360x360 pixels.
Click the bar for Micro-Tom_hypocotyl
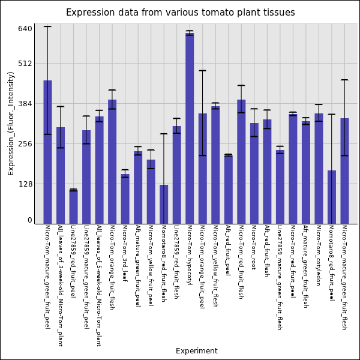coord(190,128)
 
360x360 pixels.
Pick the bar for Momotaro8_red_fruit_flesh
coord(164,204)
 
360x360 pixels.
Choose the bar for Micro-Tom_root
coord(254,173)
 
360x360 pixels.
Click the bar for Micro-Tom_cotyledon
coord(319,169)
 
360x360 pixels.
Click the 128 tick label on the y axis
coord(26,184)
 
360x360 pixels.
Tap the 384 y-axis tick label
coord(26,104)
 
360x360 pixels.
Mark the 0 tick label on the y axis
coord(29,220)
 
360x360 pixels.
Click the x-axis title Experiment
coord(196,351)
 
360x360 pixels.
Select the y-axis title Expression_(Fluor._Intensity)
coord(11,123)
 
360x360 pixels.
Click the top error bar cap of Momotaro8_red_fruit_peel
coord(331,114)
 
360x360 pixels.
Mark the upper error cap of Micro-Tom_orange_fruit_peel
coord(203,71)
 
